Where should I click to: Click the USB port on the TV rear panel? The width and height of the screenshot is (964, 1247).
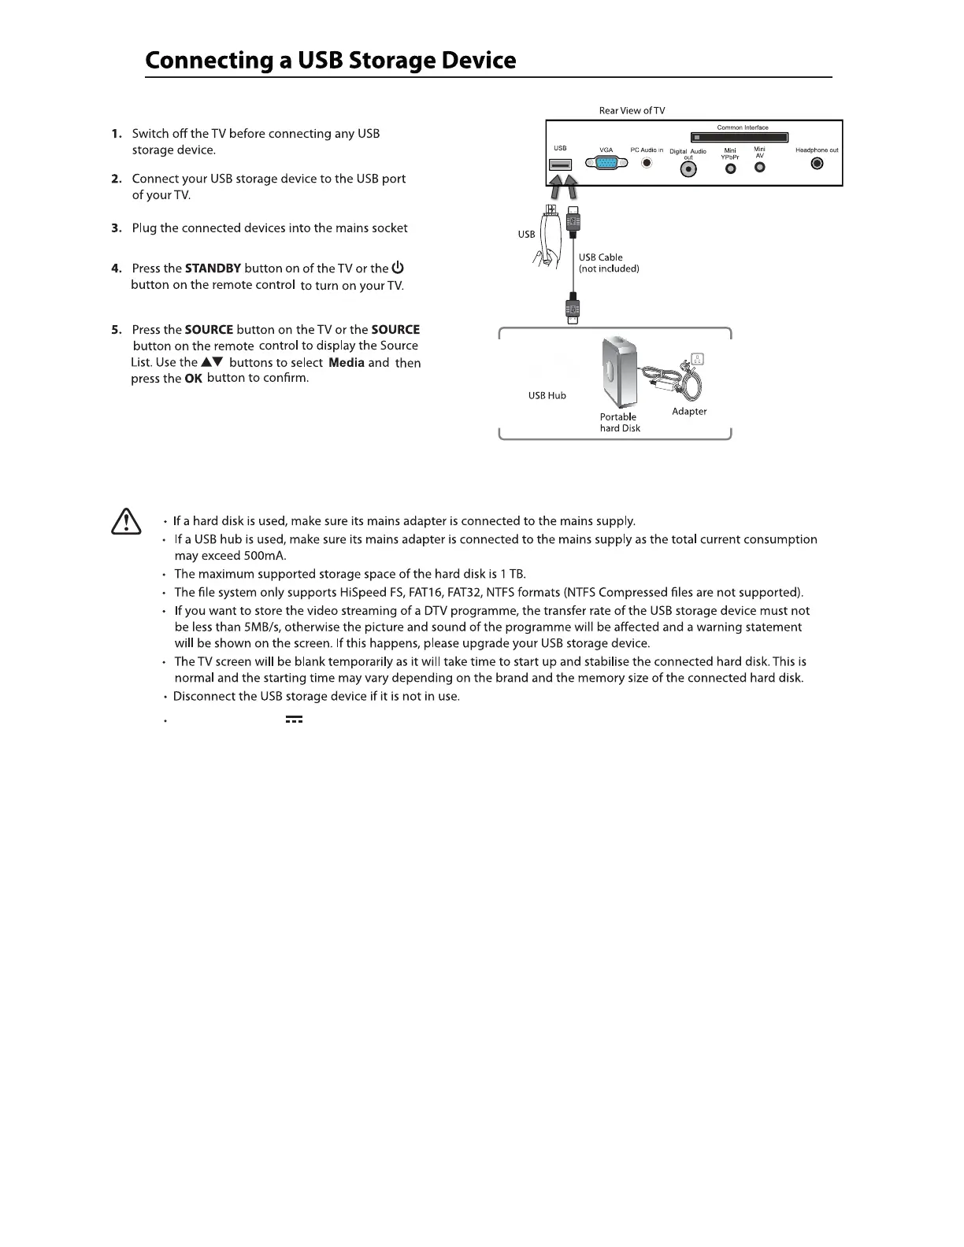(561, 165)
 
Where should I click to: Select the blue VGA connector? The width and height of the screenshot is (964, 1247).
(606, 164)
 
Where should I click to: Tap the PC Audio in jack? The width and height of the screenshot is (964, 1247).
(647, 164)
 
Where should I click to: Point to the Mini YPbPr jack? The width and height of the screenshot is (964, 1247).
(730, 168)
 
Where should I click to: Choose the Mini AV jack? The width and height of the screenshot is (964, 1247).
(760, 166)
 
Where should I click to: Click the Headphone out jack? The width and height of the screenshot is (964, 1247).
(817, 164)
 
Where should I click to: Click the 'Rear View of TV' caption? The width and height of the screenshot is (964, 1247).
(632, 111)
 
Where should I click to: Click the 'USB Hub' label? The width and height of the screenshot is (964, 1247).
(547, 395)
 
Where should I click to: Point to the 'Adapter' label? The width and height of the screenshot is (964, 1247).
(689, 412)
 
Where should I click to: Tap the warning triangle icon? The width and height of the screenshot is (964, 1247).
(126, 522)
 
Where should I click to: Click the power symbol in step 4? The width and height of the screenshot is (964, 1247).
(398, 268)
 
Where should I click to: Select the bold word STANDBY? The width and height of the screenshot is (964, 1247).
(213, 268)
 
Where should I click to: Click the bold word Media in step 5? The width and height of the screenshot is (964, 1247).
(346, 363)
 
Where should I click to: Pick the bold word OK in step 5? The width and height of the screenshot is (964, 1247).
(193, 379)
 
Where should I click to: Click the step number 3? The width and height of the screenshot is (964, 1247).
(116, 228)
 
